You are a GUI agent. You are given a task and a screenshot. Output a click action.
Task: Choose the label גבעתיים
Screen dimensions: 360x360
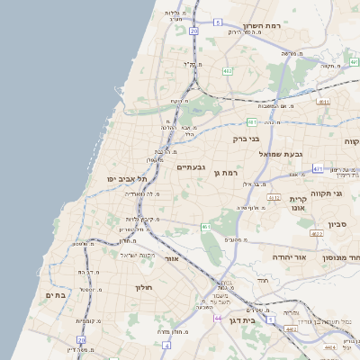point(192,167)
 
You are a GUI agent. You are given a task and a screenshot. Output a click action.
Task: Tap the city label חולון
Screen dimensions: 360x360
point(145,288)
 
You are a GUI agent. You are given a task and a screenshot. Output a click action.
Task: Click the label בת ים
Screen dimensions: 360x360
point(56,295)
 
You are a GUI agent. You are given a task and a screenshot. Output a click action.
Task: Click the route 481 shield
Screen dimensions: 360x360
point(252,121)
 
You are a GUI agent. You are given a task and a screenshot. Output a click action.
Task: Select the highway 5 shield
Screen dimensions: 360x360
point(218,22)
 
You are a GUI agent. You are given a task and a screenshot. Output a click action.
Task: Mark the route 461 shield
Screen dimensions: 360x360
point(206,227)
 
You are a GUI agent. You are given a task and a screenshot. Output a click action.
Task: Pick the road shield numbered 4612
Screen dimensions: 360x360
point(274,197)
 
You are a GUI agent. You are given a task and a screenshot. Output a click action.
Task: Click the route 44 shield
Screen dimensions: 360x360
point(218,318)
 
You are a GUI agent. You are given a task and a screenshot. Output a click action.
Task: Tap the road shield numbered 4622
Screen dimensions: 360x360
point(316,233)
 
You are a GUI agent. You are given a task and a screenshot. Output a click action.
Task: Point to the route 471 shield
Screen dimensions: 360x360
point(318,168)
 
